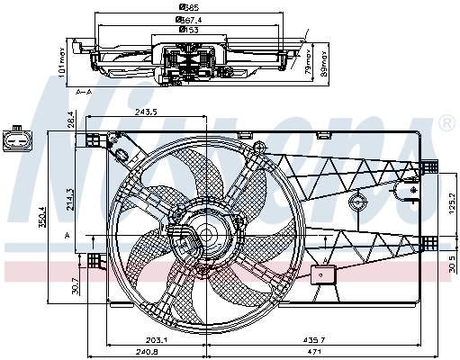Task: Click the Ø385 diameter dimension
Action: (x=189, y=8)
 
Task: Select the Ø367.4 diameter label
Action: (x=189, y=19)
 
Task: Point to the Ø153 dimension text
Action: (x=189, y=30)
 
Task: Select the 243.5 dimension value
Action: (x=146, y=112)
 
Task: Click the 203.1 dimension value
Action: (x=157, y=339)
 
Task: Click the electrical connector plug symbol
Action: (x=15, y=140)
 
